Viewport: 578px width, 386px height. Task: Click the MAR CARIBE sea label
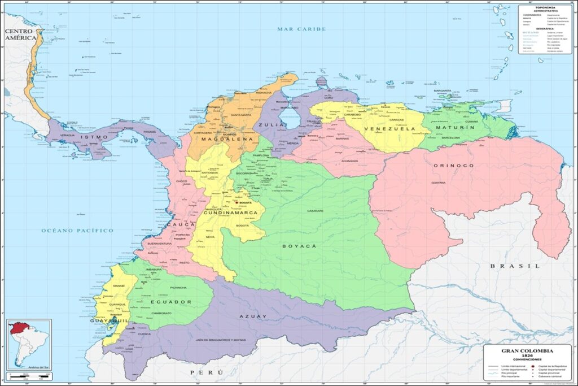click(x=301, y=29)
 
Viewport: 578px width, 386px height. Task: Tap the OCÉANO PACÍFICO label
click(x=77, y=231)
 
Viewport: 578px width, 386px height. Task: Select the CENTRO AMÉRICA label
click(x=21, y=33)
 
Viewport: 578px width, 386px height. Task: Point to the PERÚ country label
click(x=207, y=372)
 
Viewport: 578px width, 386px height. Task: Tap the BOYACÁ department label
click(x=299, y=246)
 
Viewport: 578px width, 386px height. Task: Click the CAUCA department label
click(x=180, y=225)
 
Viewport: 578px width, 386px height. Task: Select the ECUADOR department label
click(x=171, y=302)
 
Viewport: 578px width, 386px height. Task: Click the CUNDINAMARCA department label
click(x=230, y=213)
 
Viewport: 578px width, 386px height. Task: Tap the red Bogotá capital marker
click(x=236, y=202)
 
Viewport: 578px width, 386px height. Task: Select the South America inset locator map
click(x=29, y=343)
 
